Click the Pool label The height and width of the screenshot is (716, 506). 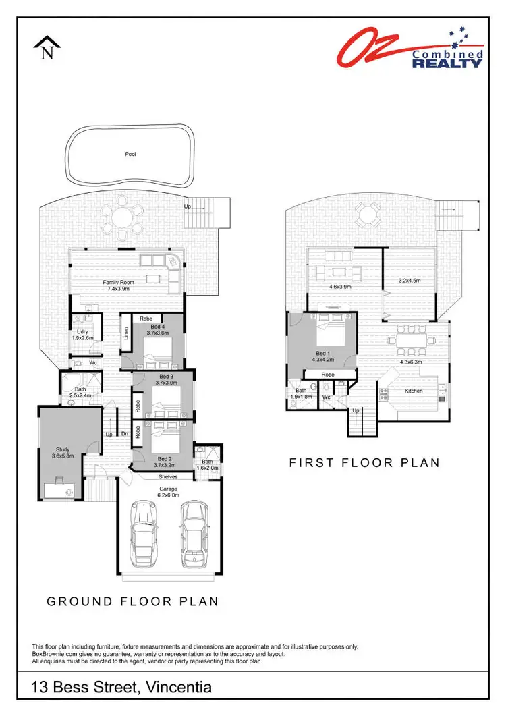pyautogui.click(x=130, y=154)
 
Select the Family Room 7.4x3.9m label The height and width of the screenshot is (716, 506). pyautogui.click(x=119, y=285)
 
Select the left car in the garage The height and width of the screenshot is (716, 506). pyautogui.click(x=144, y=533)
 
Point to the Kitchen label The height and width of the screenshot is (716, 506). pyautogui.click(x=413, y=391)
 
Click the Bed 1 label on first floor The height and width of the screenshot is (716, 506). pyautogui.click(x=323, y=356)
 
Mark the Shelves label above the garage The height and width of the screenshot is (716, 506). pyautogui.click(x=160, y=476)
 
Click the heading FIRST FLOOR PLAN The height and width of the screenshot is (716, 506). pyautogui.click(x=364, y=463)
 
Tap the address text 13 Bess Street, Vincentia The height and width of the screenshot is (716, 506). pyautogui.click(x=122, y=688)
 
